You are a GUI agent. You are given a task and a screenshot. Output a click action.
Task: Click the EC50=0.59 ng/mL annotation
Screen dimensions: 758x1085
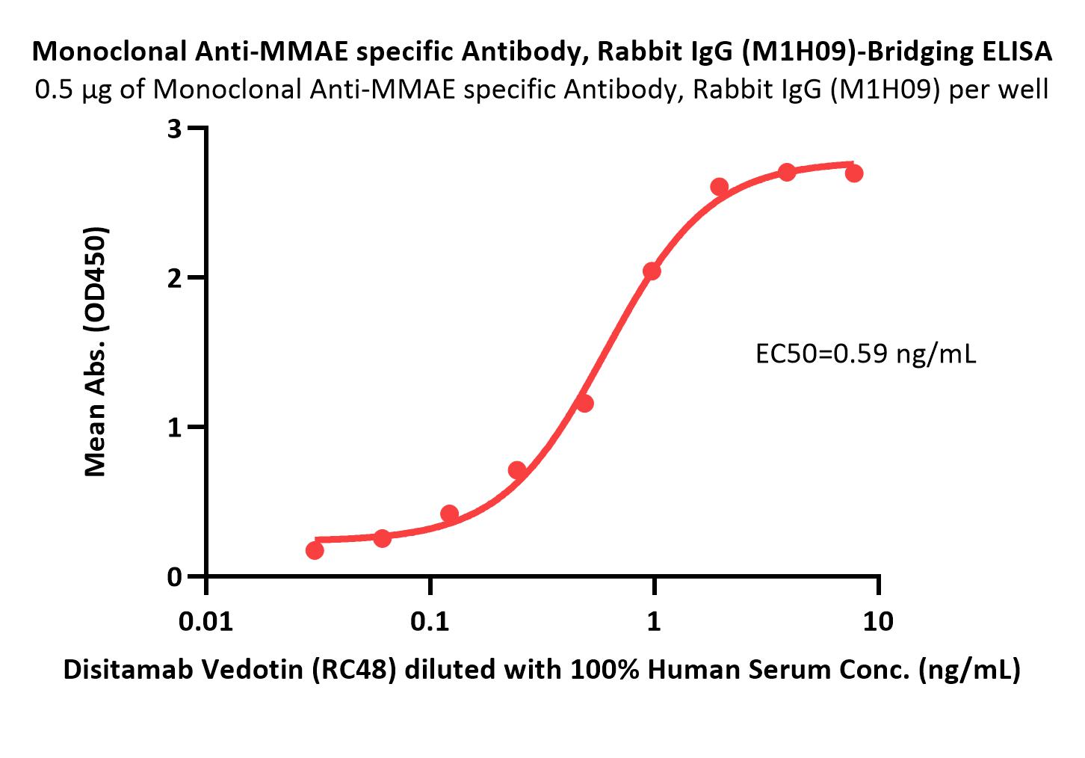866,354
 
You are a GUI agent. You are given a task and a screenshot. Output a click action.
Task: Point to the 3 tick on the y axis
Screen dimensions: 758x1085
175,129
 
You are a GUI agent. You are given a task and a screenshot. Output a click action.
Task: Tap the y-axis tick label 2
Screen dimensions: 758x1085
175,278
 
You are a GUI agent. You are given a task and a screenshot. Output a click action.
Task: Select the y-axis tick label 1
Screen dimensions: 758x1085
175,428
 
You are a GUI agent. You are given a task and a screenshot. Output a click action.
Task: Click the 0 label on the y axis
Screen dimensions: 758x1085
175,577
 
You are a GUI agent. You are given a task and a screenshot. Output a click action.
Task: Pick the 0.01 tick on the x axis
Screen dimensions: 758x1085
206,621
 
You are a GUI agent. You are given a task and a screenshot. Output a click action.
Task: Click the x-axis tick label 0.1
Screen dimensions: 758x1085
430,621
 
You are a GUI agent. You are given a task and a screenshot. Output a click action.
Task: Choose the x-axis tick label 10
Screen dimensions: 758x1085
878,621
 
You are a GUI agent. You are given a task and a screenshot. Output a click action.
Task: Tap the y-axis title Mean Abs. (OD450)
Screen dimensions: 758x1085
96,351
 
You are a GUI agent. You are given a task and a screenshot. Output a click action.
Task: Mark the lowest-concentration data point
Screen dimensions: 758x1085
315,550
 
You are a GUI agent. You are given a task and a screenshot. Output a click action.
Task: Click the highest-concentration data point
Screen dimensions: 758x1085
854,173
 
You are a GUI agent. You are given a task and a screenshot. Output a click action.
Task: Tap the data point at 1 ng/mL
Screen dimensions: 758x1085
652,271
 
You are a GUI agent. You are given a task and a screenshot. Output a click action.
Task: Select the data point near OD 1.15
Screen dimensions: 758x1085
584,404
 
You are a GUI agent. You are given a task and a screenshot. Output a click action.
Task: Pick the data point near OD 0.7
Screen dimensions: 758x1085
517,470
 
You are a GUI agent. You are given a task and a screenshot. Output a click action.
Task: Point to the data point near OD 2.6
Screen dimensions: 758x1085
720,187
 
